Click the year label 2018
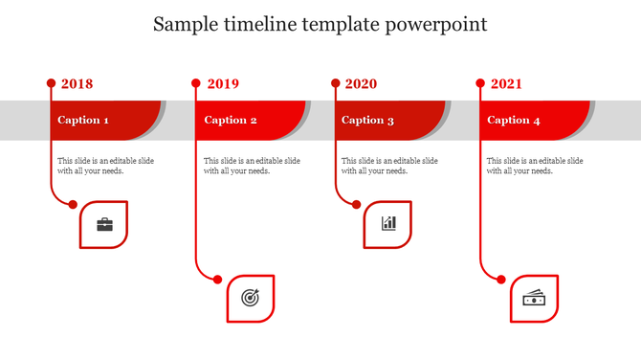click(x=77, y=84)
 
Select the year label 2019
click(x=222, y=84)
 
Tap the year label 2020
click(x=361, y=84)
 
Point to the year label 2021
click(x=506, y=84)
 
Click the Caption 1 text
click(x=82, y=121)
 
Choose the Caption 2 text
click(x=231, y=121)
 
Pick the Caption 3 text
click(x=367, y=121)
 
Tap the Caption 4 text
click(x=514, y=121)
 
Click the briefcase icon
click(x=104, y=225)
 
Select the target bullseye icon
click(x=250, y=298)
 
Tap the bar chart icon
click(x=388, y=224)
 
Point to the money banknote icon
click(x=534, y=299)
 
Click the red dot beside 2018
click(x=51, y=83)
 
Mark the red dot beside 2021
click(x=480, y=83)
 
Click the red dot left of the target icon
click(x=218, y=280)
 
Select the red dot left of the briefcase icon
click(x=73, y=203)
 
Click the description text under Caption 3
click(x=389, y=166)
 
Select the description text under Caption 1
click(x=105, y=166)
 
